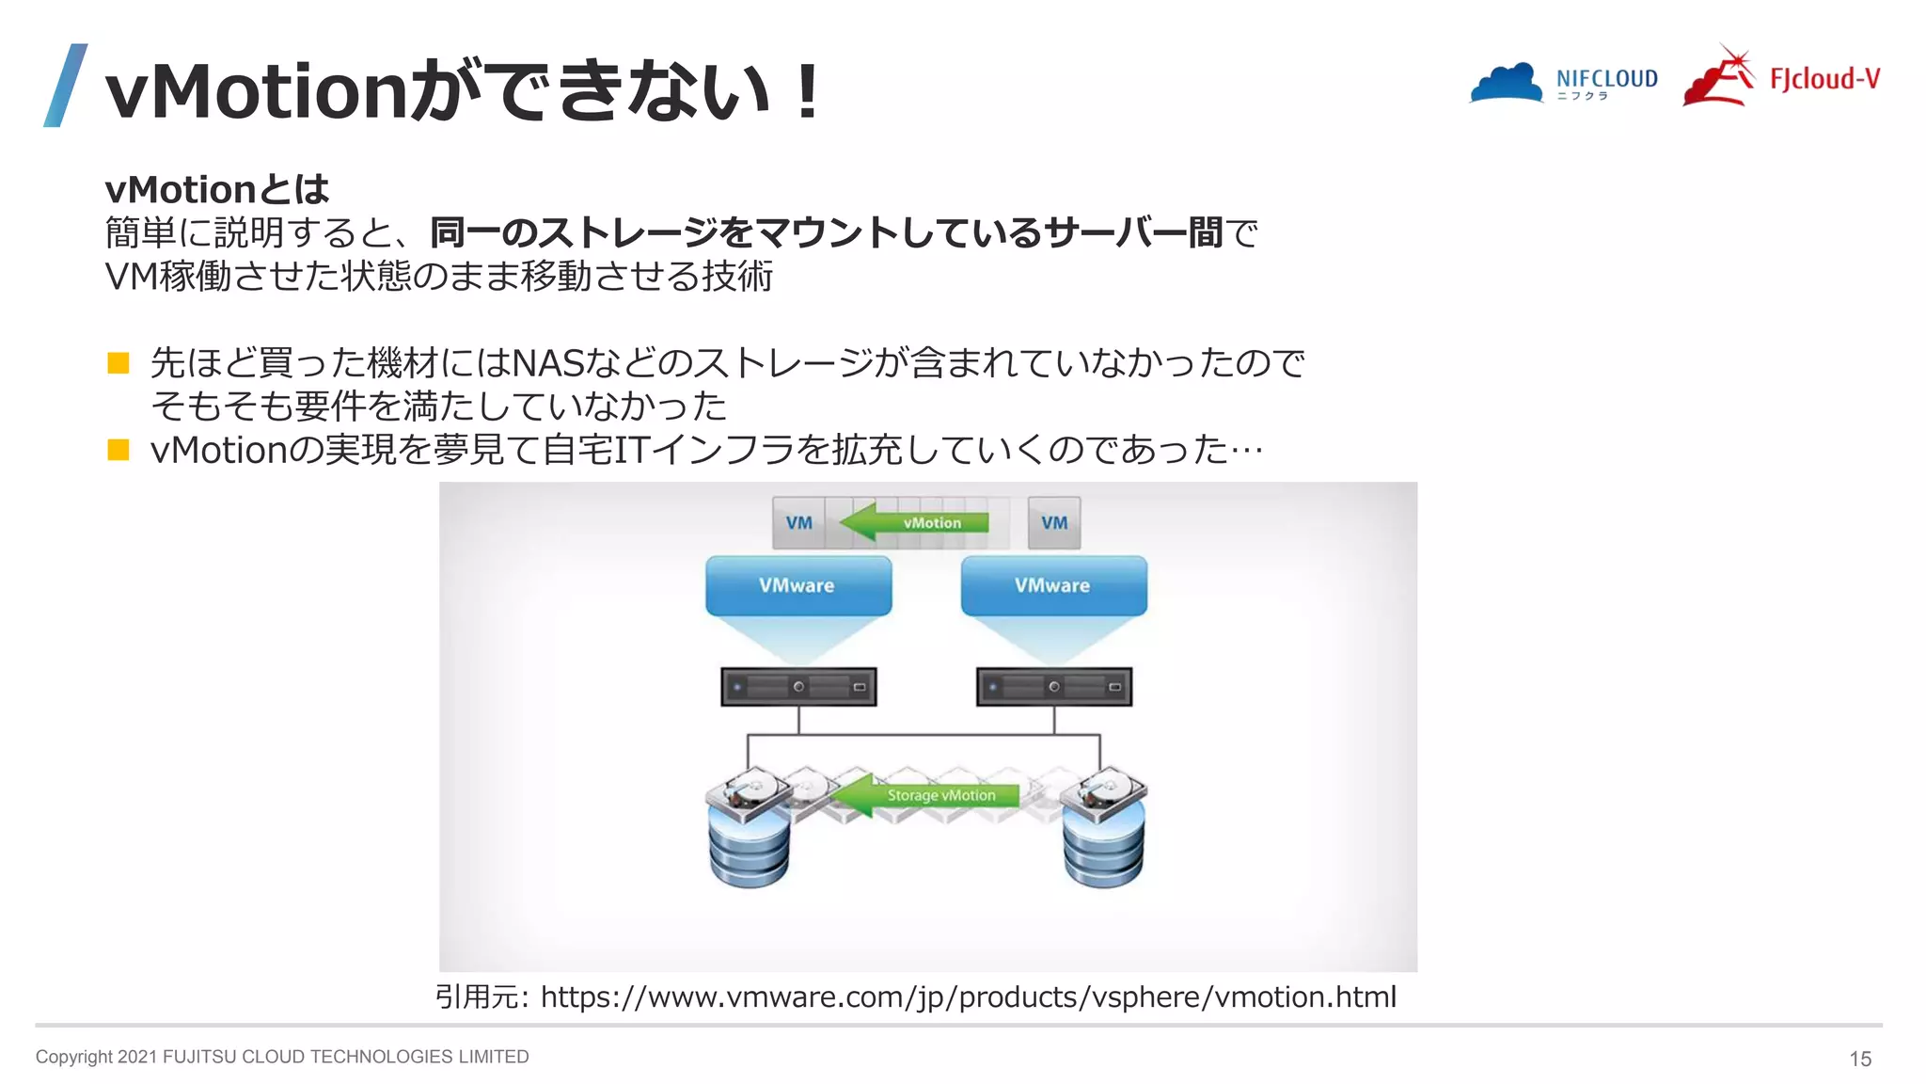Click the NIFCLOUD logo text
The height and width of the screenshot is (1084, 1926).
(1606, 79)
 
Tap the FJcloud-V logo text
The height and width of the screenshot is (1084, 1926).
(1824, 79)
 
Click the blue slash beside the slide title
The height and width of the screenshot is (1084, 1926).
(66, 86)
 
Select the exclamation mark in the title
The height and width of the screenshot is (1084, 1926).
(806, 91)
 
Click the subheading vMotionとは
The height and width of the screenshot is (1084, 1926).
(217, 189)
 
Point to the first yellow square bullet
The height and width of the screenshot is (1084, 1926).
(118, 363)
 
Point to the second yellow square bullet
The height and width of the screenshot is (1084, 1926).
(118, 450)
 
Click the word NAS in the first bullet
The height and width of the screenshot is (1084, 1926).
(548, 363)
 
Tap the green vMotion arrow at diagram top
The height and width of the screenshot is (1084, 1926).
(914, 522)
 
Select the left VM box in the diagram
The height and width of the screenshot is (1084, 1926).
(798, 523)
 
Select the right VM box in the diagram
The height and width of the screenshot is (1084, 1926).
(1053, 523)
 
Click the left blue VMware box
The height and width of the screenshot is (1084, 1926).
(797, 585)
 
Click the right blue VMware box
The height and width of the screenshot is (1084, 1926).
(1052, 585)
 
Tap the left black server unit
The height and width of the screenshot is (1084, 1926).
(798, 687)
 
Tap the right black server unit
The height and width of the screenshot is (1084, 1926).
(1053, 687)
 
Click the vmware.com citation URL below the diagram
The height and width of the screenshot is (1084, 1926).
(968, 996)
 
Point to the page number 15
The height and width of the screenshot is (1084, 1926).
(1859, 1059)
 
